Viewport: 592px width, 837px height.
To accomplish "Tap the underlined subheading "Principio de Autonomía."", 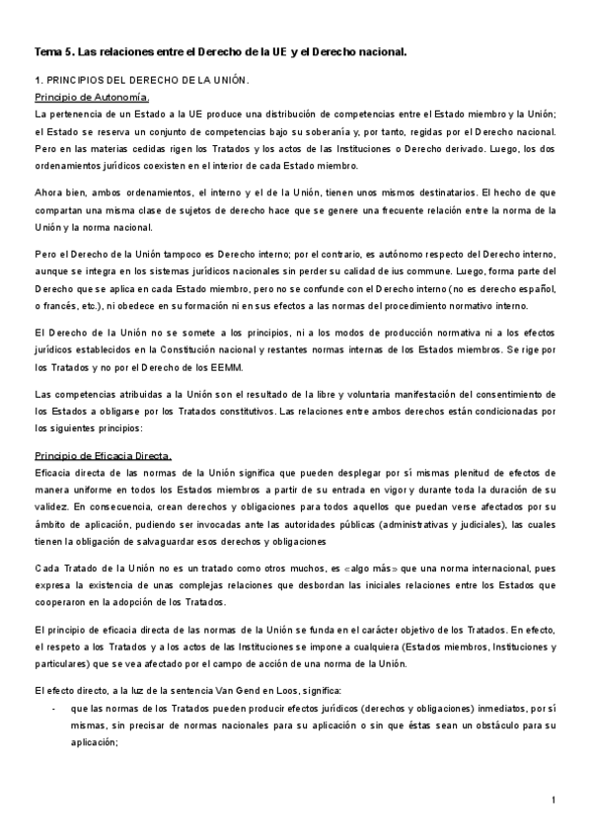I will point(92,97).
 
